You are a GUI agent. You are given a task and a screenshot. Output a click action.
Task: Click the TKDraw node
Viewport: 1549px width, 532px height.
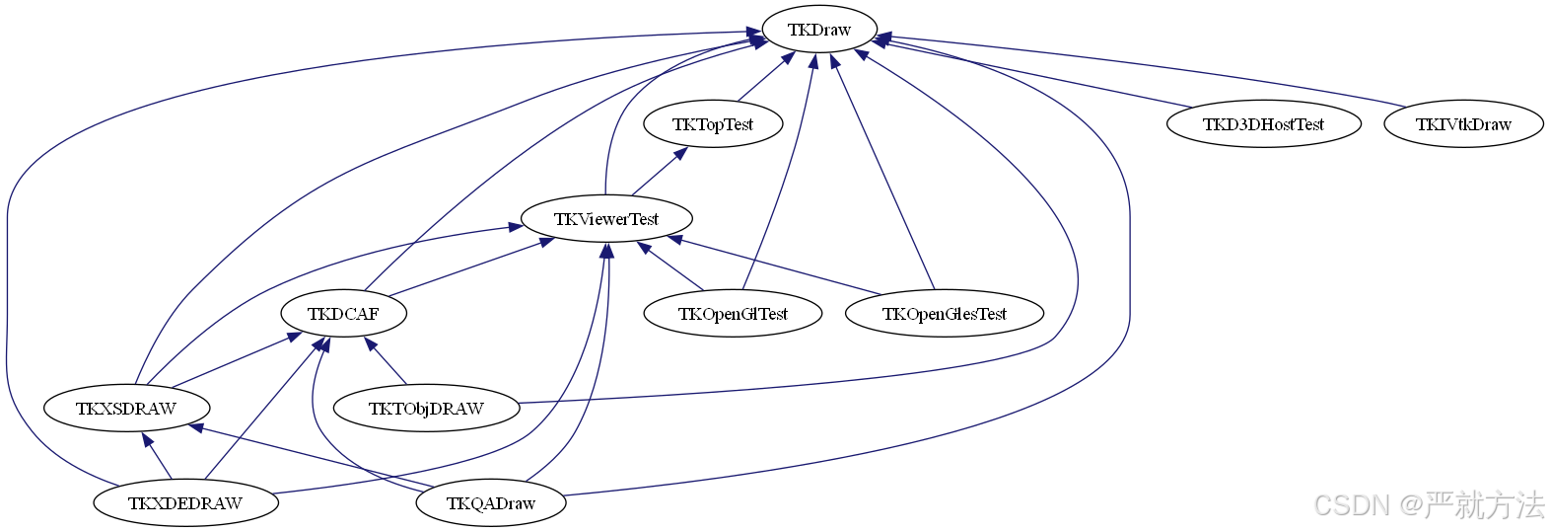click(818, 30)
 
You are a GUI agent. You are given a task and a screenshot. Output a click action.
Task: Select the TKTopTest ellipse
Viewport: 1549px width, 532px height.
click(712, 124)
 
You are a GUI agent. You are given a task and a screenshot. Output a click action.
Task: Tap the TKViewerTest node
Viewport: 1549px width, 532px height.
click(605, 219)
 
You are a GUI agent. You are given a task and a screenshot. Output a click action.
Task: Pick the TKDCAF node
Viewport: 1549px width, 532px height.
click(343, 314)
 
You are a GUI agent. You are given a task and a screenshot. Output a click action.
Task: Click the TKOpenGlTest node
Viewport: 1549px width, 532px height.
click(732, 314)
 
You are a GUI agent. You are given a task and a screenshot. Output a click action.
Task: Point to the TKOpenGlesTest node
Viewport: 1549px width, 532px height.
click(944, 314)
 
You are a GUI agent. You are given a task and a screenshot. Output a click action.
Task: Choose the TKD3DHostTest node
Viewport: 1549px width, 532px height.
click(1262, 124)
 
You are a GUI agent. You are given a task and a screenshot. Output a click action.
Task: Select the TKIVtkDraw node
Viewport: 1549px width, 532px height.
click(1462, 124)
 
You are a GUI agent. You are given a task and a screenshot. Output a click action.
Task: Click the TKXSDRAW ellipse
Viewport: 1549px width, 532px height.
click(126, 409)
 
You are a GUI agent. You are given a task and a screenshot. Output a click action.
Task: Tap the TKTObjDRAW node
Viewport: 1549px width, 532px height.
click(426, 409)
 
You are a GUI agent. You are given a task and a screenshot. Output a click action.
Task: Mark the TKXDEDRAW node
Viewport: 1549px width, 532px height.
click(185, 503)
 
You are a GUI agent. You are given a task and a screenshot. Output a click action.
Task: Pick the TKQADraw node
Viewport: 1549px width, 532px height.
click(490, 503)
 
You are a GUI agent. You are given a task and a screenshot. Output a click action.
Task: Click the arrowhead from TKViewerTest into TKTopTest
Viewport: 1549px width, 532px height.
click(680, 153)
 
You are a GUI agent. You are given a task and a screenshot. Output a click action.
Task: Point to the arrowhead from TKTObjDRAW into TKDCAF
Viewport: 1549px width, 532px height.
click(371, 344)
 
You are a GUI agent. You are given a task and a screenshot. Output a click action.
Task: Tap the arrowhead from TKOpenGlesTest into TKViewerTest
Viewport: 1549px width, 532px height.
click(675, 239)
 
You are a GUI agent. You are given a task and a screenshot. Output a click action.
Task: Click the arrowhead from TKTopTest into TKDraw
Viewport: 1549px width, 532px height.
click(787, 58)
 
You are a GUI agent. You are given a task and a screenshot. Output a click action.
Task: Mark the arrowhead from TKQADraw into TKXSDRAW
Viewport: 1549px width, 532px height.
click(196, 427)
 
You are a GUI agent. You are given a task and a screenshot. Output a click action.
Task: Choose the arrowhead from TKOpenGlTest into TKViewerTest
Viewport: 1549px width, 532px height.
click(645, 248)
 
